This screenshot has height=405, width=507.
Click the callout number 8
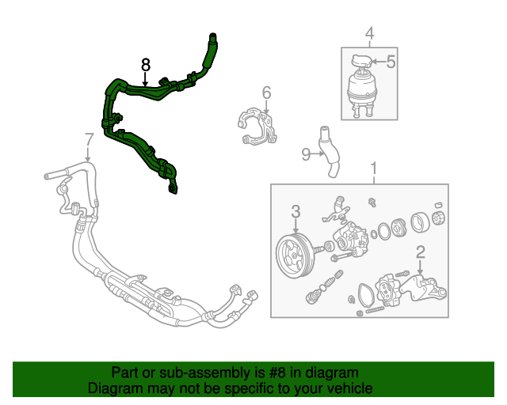[x=145, y=63]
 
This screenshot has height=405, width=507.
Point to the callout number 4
[x=368, y=33]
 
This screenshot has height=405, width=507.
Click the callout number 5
[x=391, y=59]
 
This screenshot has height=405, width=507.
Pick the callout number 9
[x=306, y=155]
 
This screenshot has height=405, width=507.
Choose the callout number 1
[x=373, y=168]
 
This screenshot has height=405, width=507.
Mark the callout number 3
[x=295, y=211]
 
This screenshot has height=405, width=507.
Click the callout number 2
[x=421, y=252]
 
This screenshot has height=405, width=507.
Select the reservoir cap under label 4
[x=362, y=61]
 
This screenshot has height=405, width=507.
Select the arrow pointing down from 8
[x=145, y=78]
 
